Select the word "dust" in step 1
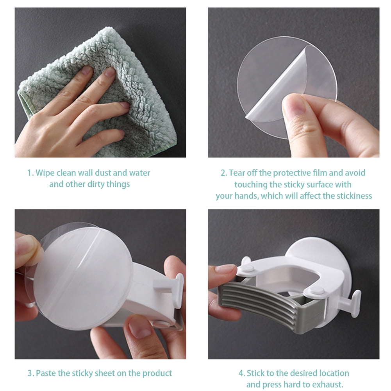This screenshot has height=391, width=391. (103, 173)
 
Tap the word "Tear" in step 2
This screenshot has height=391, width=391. (237, 173)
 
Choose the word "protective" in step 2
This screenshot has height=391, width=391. (292, 173)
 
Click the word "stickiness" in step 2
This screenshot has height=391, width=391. (354, 196)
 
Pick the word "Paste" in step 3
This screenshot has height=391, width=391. (46, 373)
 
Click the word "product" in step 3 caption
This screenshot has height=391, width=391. (157, 373)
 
